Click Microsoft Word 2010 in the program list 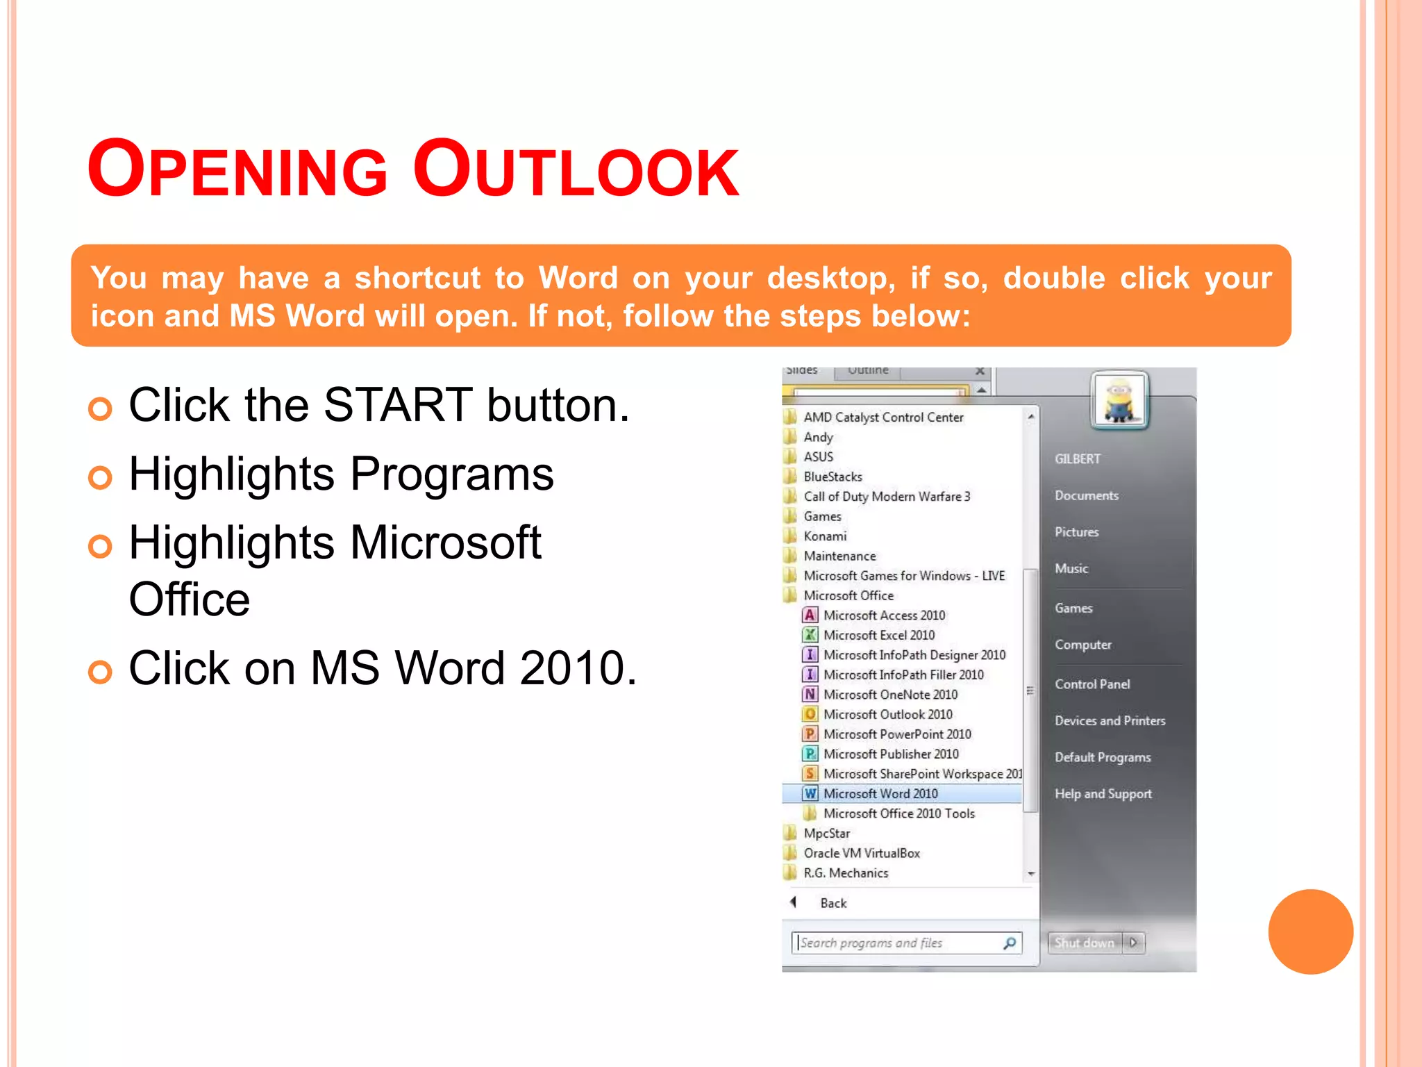(880, 793)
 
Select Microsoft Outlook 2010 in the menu (887, 714)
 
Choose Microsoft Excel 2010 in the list (878, 635)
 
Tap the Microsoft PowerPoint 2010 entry (896, 734)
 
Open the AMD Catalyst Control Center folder (883, 417)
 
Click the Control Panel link (1092, 684)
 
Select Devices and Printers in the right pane (1110, 720)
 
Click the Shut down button (1084, 943)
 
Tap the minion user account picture (1119, 400)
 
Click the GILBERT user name (1078, 459)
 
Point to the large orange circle (1310, 932)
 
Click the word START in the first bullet (398, 405)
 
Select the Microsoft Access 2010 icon (810, 615)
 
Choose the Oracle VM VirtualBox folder (861, 853)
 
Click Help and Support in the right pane (1103, 794)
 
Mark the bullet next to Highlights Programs (101, 477)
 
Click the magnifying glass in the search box (1010, 943)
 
